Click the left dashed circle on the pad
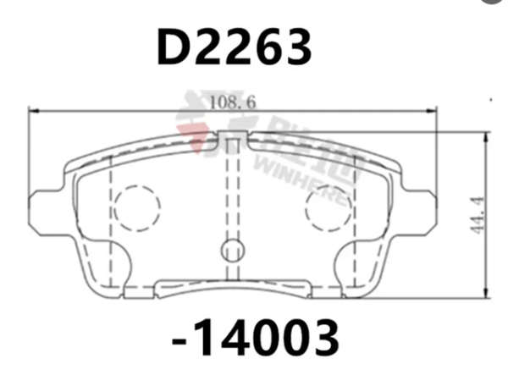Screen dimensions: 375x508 136,207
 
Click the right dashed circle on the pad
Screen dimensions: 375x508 329,207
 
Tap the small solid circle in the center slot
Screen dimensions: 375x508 232,250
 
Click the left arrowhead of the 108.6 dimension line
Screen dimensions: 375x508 35,111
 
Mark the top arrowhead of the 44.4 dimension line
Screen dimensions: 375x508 482,135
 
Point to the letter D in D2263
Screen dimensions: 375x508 173,48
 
